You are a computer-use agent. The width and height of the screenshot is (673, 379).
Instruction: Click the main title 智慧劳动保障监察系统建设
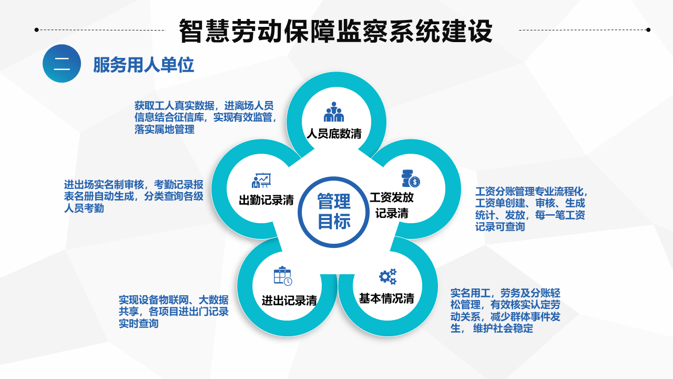coord(335,31)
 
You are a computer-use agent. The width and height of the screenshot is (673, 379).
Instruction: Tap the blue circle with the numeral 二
coord(62,64)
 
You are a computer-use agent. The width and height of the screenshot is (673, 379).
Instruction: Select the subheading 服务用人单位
coord(144,65)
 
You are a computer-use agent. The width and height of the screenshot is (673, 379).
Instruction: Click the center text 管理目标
coord(334,212)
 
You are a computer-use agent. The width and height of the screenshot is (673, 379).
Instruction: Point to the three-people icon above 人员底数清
coord(334,112)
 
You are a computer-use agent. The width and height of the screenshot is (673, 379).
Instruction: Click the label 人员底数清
coord(334,134)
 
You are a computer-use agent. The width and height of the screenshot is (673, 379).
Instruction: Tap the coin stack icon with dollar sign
coord(411,178)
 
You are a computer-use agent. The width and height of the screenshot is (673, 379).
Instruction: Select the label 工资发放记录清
coord(392,205)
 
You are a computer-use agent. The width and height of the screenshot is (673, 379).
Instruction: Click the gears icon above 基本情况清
coord(388,276)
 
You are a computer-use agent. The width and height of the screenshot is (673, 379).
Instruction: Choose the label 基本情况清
coord(386,298)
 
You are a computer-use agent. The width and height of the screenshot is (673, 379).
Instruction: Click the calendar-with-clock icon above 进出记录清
coord(283,275)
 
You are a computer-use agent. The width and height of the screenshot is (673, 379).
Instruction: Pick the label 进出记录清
coord(289,301)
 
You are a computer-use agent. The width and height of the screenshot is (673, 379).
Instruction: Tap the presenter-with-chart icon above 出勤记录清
coord(261,181)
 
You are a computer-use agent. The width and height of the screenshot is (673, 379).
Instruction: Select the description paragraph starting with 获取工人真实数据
coord(206,117)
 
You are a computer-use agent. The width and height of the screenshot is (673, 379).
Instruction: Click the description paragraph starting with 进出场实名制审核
coord(134,196)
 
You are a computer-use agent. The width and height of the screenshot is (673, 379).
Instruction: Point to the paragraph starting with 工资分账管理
coord(532,209)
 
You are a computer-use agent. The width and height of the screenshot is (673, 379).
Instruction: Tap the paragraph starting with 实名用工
coord(505,311)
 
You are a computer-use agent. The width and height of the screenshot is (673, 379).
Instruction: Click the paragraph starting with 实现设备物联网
coord(174,312)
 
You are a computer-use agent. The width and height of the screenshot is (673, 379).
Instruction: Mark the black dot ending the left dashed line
coord(37,30)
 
